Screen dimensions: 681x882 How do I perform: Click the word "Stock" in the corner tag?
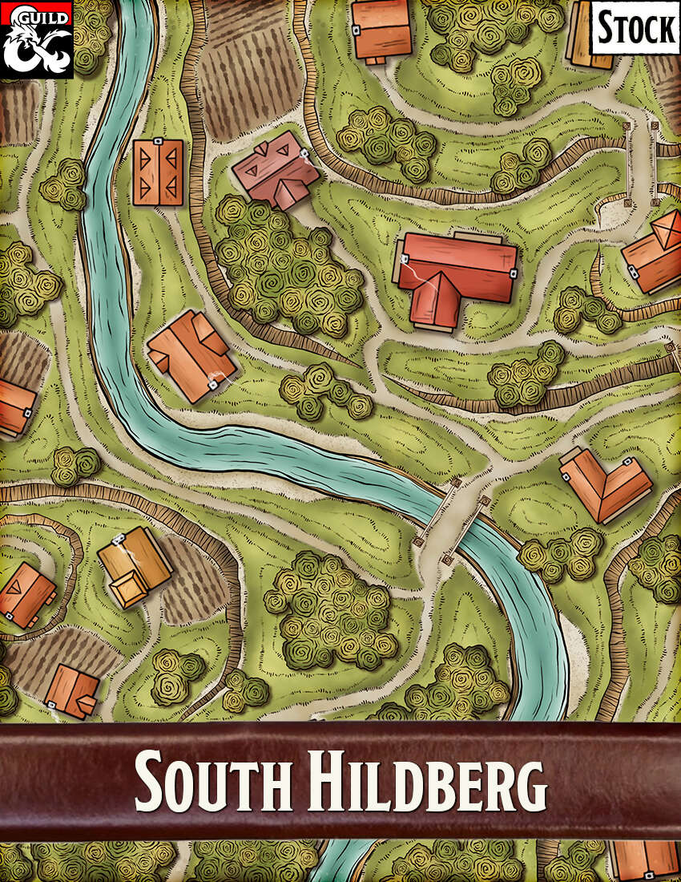pos(636,29)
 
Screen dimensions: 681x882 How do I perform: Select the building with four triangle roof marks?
pos(158,172)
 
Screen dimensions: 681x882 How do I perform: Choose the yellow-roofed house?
pos(134,566)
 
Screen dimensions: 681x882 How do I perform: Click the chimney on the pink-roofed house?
pos(304,152)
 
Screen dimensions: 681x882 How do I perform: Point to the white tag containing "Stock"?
pos(635,29)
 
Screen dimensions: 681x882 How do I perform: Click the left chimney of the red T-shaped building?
pos(404,259)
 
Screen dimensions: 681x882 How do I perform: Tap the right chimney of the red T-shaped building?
pos(512,273)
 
